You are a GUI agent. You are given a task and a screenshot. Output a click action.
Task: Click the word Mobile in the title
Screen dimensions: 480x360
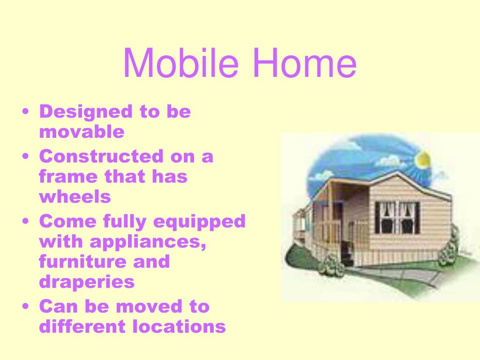180,63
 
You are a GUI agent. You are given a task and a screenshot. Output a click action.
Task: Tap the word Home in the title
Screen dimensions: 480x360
305,63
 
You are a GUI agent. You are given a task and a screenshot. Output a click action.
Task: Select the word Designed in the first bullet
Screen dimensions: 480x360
86,112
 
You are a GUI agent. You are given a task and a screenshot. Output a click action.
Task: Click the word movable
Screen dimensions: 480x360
82,132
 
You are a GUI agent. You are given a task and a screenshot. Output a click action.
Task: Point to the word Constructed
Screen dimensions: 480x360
101,156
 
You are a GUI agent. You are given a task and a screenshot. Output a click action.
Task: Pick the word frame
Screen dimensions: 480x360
68,176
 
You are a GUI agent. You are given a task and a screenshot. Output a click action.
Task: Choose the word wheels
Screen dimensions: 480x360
75,196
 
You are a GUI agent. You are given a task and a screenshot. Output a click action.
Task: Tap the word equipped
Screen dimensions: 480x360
199,222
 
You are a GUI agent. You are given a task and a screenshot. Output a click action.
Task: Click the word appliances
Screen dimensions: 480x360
148,242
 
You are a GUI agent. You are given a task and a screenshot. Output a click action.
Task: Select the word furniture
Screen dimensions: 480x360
82,262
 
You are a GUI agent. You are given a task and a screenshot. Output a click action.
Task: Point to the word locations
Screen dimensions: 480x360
179,326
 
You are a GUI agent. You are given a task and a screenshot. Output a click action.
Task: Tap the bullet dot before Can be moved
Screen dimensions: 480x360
26,307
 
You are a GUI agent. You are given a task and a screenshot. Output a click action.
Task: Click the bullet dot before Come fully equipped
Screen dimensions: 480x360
26,221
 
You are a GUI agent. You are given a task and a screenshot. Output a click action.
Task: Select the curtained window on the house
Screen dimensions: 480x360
397,217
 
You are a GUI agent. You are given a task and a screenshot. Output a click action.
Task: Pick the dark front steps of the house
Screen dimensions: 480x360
348,253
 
